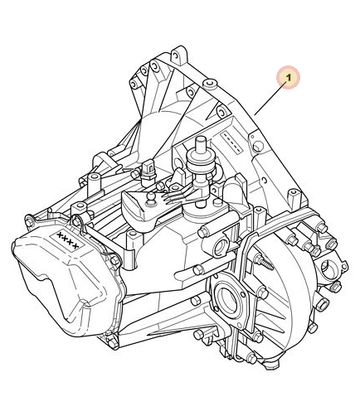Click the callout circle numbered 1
click(x=289, y=78)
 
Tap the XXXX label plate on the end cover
click(x=67, y=240)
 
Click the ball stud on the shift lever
click(x=150, y=198)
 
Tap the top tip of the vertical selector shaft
click(x=201, y=138)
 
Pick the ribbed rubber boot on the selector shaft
click(x=201, y=163)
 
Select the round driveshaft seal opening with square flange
click(x=229, y=300)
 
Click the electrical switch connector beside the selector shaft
click(x=148, y=171)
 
